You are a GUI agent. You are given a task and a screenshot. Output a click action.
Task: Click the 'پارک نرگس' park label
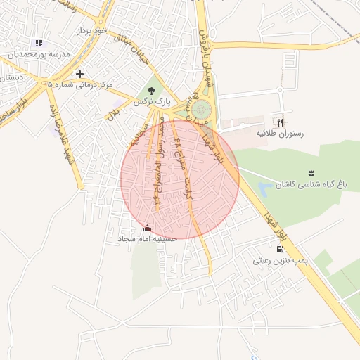154,102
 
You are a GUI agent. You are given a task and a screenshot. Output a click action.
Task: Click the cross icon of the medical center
79,74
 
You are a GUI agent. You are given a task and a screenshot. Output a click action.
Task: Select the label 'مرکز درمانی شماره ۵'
80,85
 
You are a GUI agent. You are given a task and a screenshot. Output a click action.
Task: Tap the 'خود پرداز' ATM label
92,32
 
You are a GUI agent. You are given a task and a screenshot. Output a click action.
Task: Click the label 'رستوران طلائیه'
279,133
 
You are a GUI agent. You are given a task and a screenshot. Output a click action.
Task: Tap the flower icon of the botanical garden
311,173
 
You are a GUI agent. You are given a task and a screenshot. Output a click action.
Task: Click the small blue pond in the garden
264,188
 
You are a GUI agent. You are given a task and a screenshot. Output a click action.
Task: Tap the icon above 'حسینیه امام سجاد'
147,228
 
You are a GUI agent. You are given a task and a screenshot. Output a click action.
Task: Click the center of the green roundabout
201,109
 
